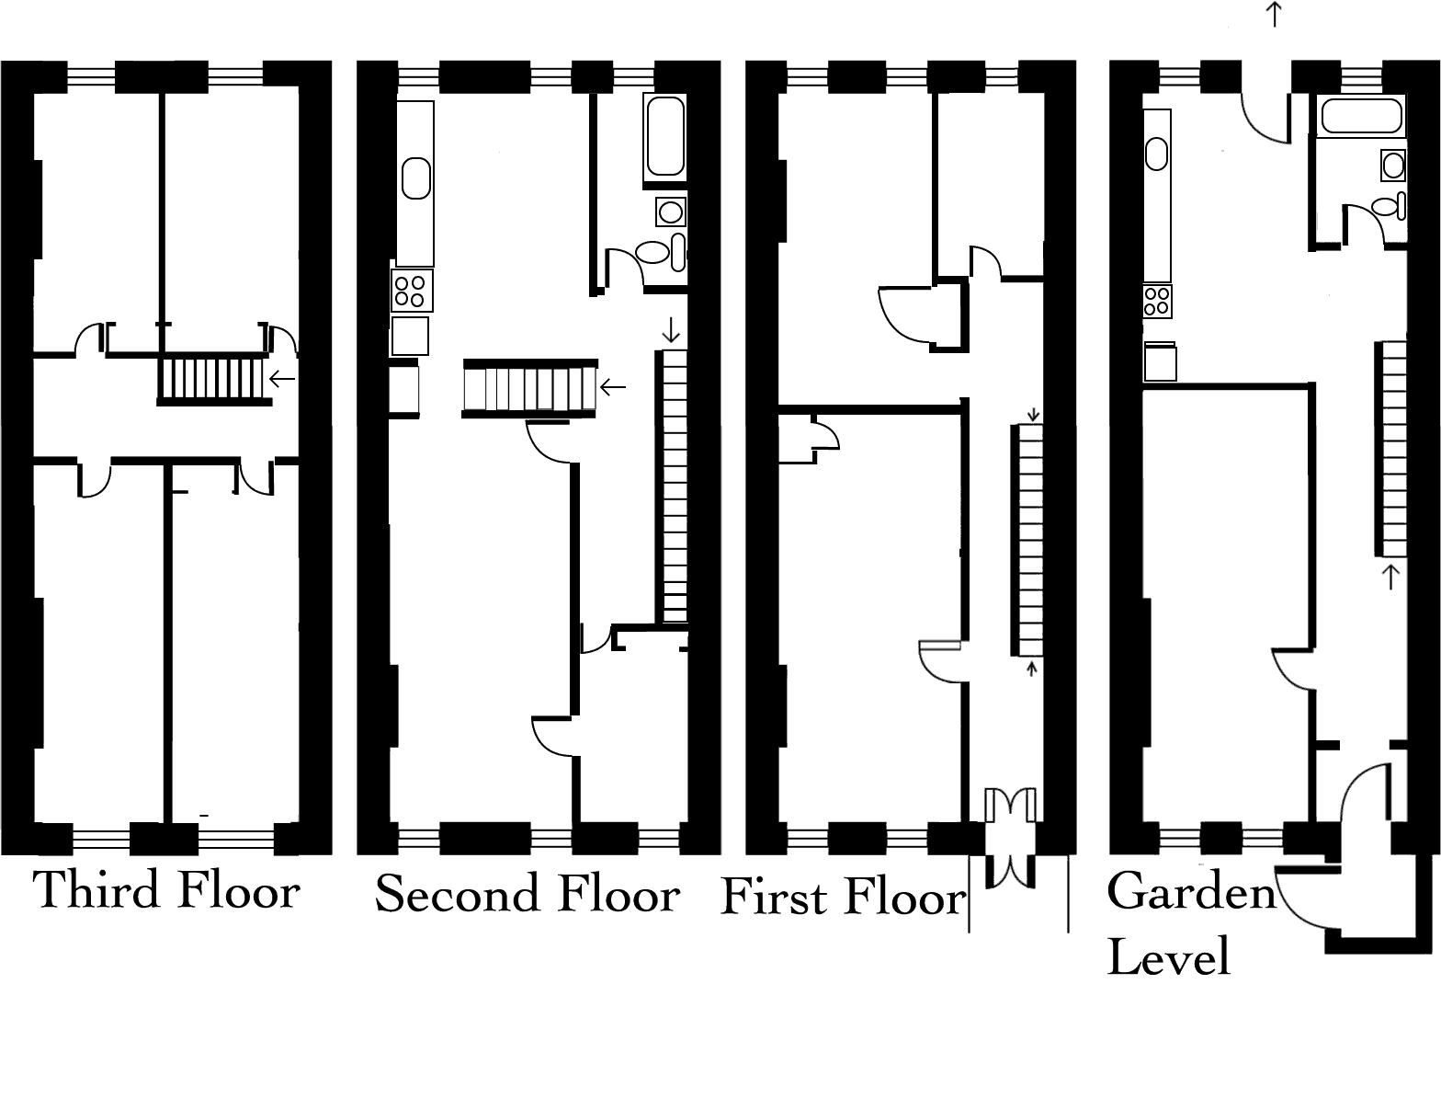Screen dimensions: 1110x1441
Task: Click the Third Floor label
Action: pos(166,890)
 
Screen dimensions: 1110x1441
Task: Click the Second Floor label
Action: pos(528,894)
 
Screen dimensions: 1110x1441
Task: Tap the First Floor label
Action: pos(843,898)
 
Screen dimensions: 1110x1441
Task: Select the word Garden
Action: pos(1192,891)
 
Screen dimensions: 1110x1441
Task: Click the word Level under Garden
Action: pos(1168,956)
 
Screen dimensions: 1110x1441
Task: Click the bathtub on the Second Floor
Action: pos(665,136)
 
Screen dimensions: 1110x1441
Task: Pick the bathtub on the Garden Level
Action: pos(1361,117)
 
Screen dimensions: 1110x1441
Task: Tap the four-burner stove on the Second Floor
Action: pos(412,291)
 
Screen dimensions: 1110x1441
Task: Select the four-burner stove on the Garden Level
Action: pos(1157,300)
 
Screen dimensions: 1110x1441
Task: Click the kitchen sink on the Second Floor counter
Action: pos(416,177)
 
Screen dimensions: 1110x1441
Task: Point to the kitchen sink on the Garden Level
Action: pos(1156,153)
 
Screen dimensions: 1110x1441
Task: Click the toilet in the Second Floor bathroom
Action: pos(653,252)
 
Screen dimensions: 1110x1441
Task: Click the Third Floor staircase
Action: pos(213,378)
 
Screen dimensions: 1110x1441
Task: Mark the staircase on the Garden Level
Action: pos(1392,448)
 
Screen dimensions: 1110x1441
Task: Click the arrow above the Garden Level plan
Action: pos(1274,15)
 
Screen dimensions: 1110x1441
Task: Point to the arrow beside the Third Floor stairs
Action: pos(281,378)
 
